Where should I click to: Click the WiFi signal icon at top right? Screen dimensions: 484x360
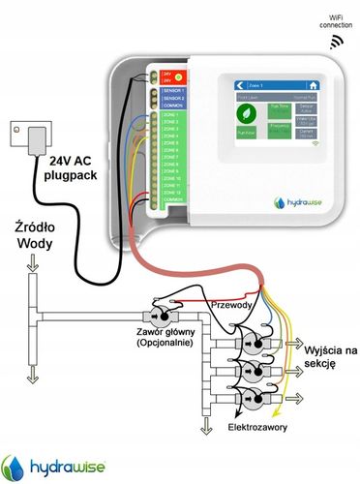[x=337, y=43]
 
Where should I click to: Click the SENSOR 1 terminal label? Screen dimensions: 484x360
[x=174, y=90]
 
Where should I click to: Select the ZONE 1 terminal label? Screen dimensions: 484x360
[x=171, y=115]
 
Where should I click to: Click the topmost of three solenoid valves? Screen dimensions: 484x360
[x=257, y=344]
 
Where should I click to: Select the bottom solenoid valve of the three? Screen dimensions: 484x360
[x=257, y=398]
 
